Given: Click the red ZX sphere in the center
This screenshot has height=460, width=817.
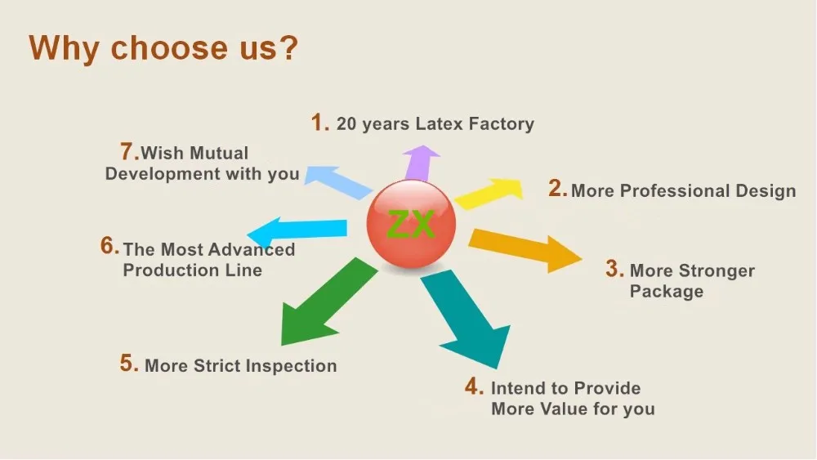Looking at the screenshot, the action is (x=410, y=223).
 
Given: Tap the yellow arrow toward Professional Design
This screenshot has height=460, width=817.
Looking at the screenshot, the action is (x=489, y=193).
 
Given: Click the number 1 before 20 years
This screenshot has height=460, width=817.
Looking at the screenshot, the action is (x=319, y=123).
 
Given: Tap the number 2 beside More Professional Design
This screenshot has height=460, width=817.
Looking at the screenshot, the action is (x=557, y=190).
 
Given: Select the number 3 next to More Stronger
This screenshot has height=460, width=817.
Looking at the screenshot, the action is (x=614, y=269).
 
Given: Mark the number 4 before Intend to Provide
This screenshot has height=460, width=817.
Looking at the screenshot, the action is (x=475, y=386).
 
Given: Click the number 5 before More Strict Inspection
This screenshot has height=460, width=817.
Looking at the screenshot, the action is (x=128, y=364).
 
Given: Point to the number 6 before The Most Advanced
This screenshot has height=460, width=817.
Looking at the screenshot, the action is (x=109, y=246).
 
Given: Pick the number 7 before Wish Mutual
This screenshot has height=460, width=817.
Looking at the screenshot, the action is (x=127, y=151).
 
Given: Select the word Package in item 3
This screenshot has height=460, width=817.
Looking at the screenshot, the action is (x=666, y=291).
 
